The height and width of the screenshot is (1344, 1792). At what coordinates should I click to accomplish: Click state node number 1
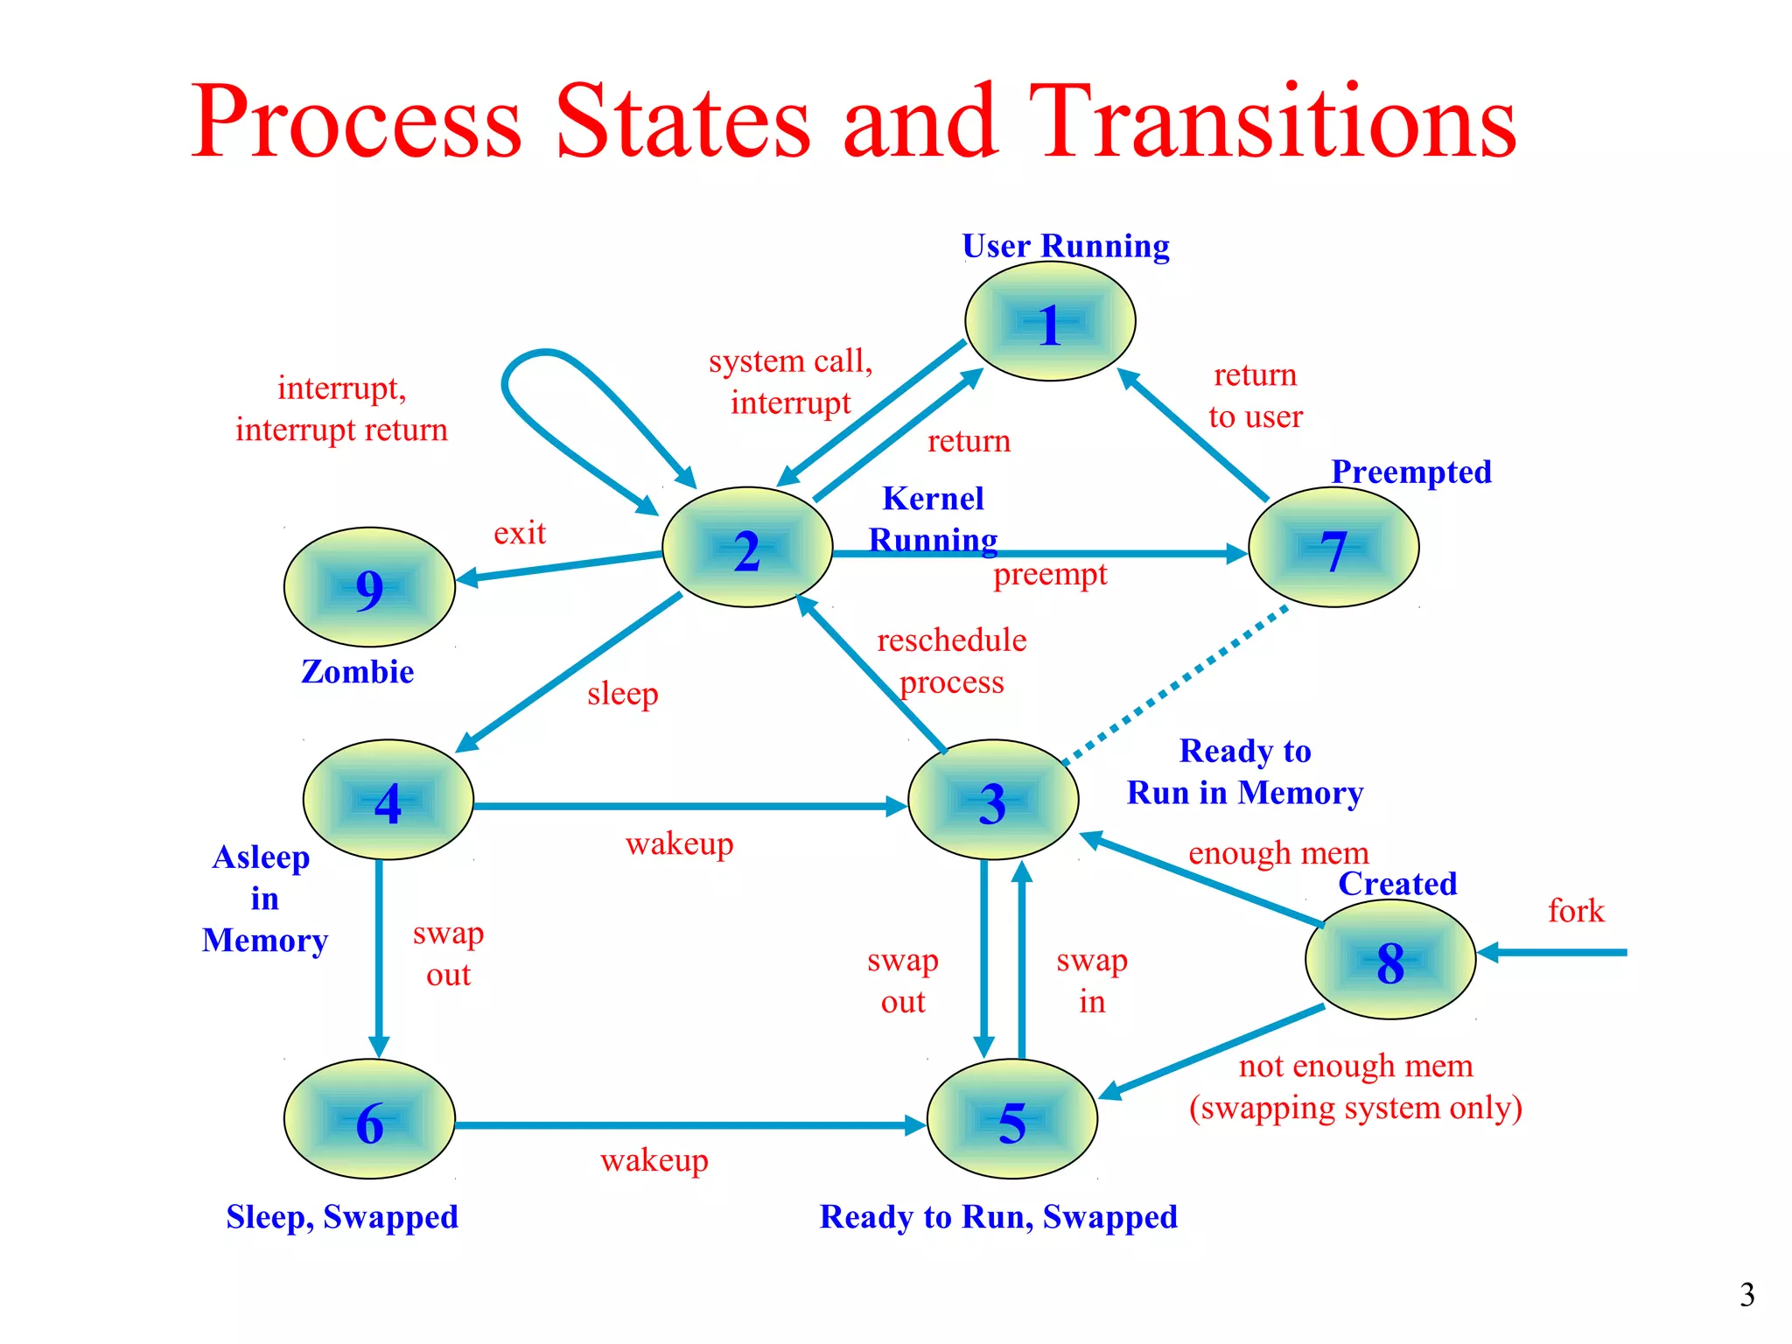[1050, 322]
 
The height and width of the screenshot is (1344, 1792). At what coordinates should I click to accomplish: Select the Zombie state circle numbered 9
[369, 587]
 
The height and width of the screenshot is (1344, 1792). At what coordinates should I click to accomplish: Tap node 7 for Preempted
[1333, 548]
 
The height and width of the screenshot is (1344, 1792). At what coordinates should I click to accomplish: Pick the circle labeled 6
[369, 1120]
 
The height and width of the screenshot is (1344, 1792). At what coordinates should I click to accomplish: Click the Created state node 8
[1390, 960]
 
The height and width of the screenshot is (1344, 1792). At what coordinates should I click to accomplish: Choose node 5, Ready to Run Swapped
[1011, 1120]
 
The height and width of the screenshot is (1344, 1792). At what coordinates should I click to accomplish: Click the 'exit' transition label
[520, 533]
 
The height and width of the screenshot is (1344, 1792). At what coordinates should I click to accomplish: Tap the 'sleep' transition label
[622, 694]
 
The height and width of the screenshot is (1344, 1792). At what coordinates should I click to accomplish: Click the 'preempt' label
[1050, 575]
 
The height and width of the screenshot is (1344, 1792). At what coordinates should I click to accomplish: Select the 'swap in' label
[1091, 981]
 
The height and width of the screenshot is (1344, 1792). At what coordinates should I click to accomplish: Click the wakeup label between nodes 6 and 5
[654, 1160]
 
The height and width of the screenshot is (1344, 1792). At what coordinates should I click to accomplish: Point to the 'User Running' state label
[1065, 247]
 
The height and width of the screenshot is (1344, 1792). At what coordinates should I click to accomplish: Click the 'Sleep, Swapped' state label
[342, 1217]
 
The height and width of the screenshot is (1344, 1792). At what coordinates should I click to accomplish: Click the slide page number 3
[1746, 1294]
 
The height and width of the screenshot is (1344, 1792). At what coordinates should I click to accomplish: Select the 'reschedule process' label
[952, 661]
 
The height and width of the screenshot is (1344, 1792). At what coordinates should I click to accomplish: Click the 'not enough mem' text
[1355, 1066]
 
